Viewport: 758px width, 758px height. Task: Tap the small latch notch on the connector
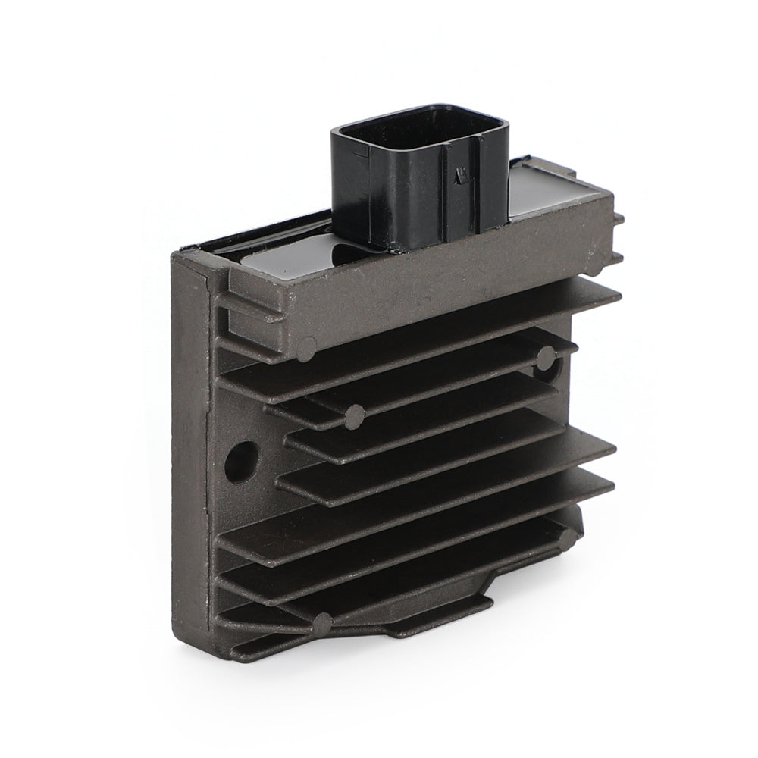click(x=456, y=180)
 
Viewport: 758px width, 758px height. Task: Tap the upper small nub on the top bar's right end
click(x=618, y=218)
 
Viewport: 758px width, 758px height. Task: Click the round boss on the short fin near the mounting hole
click(x=355, y=414)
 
